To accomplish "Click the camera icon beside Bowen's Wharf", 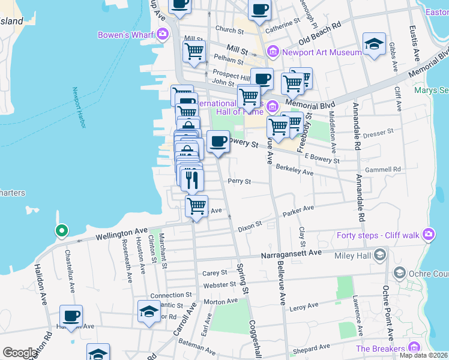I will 162,34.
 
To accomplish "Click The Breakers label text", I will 380,349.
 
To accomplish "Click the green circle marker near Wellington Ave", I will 61,230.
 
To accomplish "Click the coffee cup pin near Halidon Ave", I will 71,316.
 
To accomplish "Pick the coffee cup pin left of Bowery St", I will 218,142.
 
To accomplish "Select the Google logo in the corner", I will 20,353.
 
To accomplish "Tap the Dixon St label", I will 250,227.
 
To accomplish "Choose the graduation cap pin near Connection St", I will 149,311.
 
